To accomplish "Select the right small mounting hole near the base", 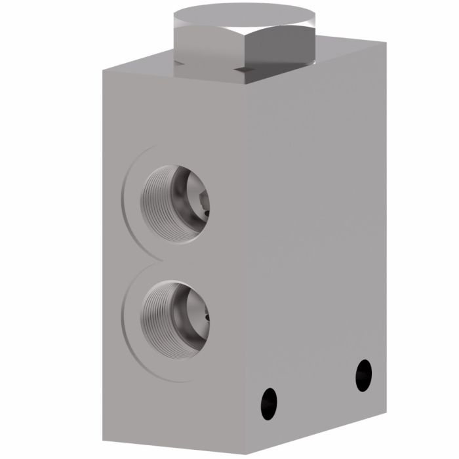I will click(x=363, y=376).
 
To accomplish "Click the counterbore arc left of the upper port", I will click(x=125, y=197).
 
